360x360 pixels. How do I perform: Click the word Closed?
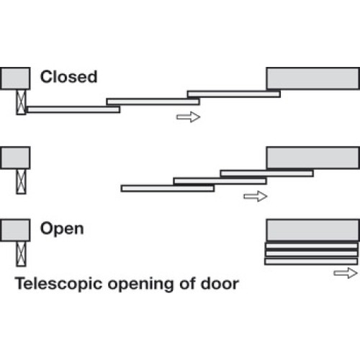[68, 77]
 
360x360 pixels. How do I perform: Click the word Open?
[62, 229]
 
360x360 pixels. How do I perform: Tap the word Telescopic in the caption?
[58, 284]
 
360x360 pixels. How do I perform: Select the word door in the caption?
[220, 283]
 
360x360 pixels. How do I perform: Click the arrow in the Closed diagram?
[188, 117]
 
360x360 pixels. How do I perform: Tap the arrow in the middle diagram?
[256, 197]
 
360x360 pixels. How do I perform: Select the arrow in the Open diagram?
[346, 273]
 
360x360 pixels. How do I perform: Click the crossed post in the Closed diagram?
[21, 102]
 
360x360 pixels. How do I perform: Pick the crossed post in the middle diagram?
[21, 181]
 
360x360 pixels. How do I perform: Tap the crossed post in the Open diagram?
[21, 254]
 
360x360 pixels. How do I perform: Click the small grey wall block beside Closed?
[15, 78]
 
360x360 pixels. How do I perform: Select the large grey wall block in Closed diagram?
[313, 78]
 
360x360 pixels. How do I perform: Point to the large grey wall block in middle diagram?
[313, 158]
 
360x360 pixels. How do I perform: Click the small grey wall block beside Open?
[15, 230]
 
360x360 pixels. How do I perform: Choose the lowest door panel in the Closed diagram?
[73, 109]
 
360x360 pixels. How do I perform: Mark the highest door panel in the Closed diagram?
[234, 94]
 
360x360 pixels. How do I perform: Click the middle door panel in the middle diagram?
[220, 181]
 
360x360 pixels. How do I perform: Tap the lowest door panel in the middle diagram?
[168, 189]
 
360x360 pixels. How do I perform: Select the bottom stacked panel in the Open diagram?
[311, 261]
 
